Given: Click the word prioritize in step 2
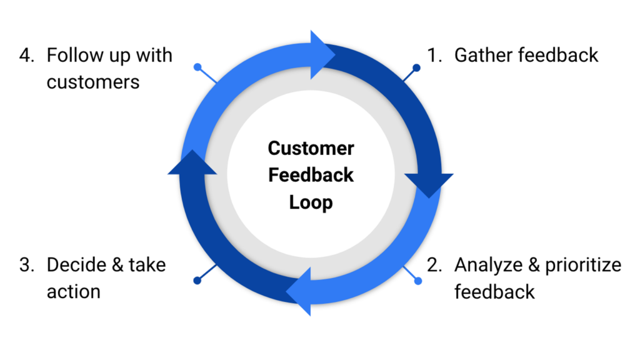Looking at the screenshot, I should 582,265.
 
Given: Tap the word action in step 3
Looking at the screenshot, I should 73,291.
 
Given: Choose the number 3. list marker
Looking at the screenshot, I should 27,264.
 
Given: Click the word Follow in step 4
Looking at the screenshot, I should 73,56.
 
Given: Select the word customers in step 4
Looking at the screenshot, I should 93,82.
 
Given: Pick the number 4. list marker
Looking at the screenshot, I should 27,56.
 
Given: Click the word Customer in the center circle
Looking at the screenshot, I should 311,149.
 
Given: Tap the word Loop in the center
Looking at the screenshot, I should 311,202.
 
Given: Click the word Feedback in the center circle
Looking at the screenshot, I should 311,176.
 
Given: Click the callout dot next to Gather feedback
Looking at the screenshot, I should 416,67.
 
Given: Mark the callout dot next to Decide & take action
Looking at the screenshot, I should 197,281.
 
